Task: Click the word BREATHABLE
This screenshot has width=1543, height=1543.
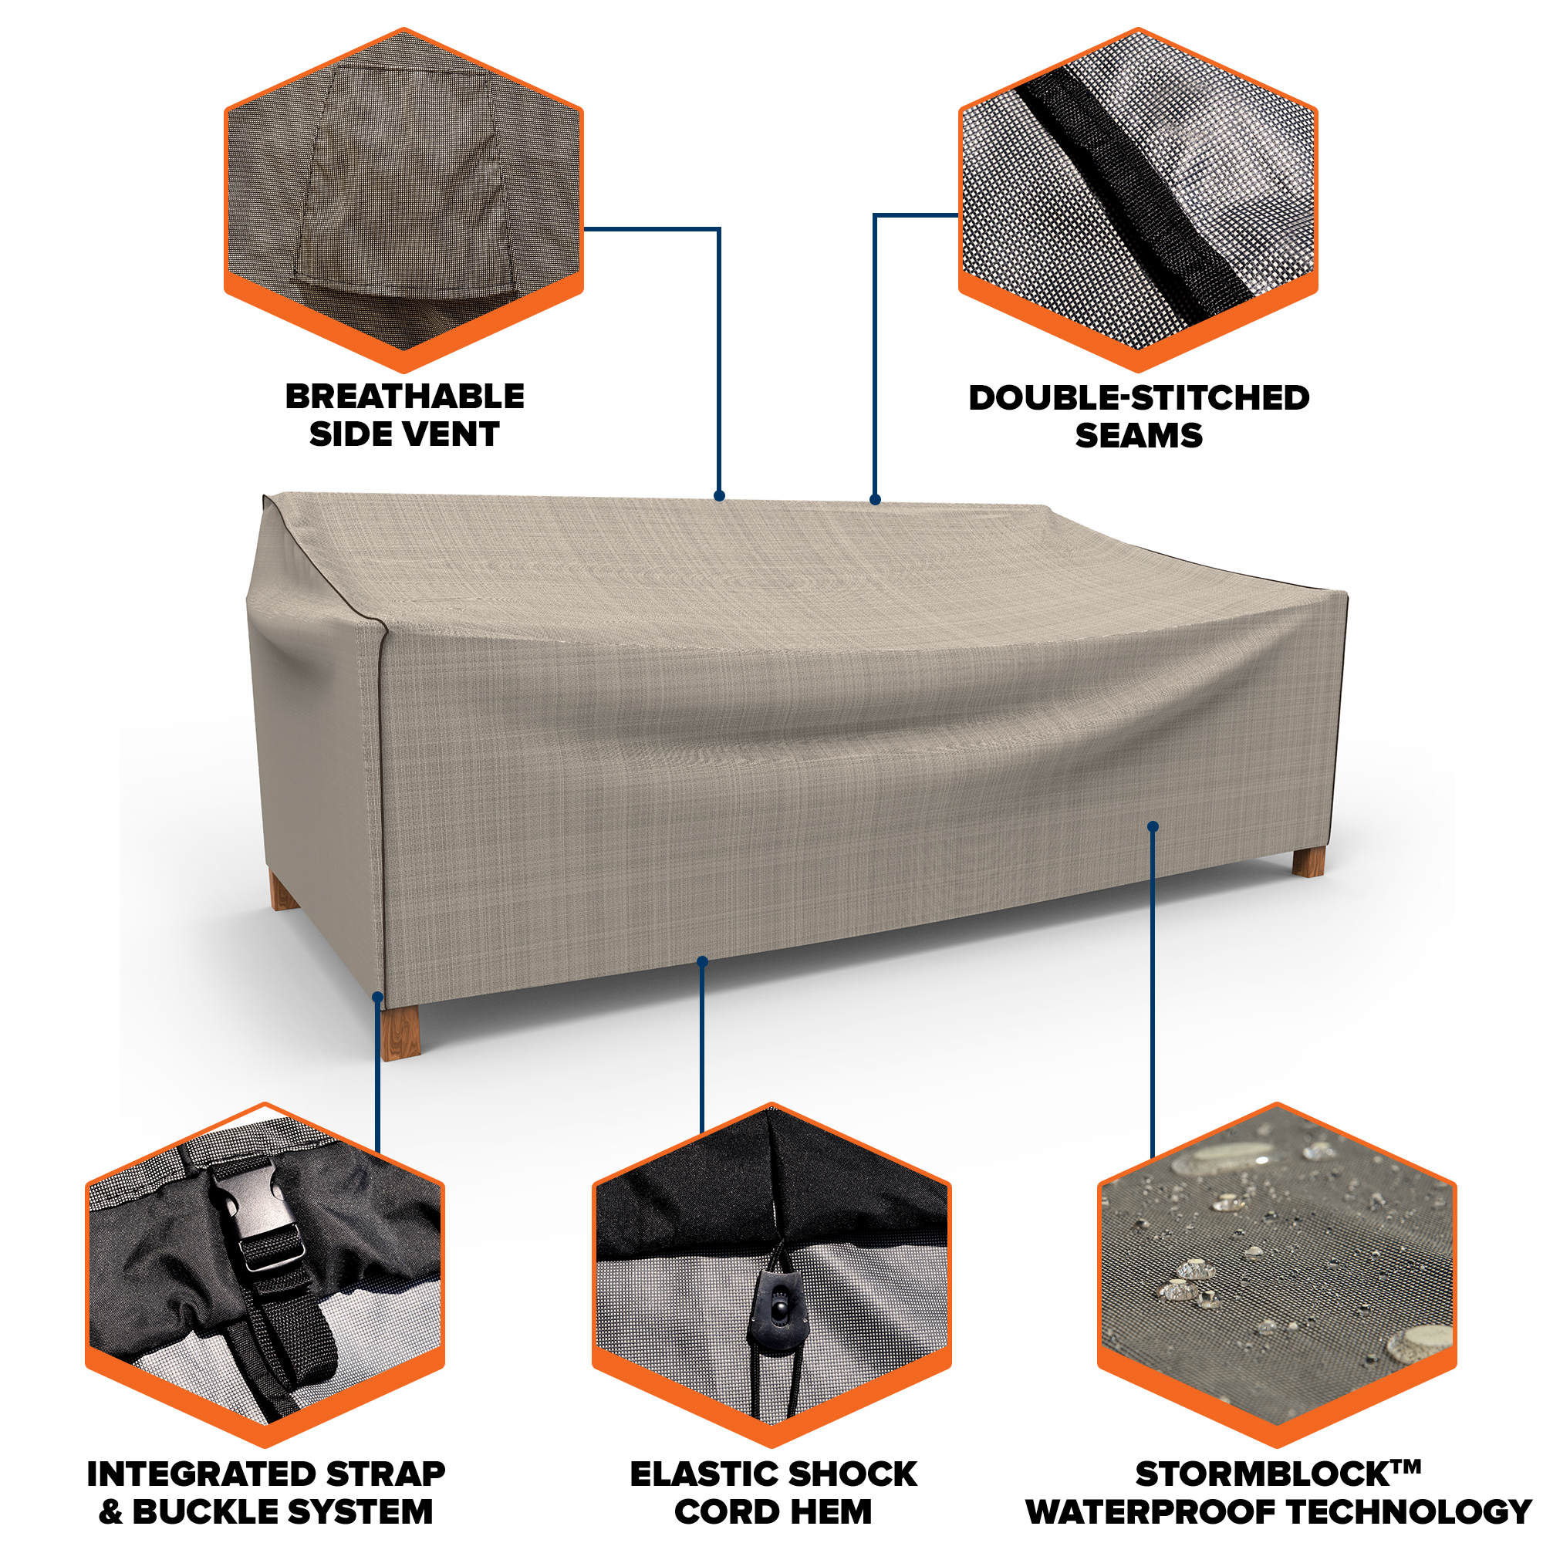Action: (405, 396)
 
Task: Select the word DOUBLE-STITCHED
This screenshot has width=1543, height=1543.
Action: (1139, 398)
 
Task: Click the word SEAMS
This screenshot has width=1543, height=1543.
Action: (1139, 436)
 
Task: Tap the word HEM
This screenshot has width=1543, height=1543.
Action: (832, 1512)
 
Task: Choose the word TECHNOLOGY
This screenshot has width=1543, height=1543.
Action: (1410, 1512)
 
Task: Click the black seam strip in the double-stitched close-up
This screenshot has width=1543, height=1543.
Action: (1134, 191)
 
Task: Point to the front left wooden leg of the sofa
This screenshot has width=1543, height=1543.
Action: (400, 1031)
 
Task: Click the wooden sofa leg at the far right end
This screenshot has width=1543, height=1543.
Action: (1308, 863)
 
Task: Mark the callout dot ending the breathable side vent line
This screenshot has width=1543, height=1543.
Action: (719, 496)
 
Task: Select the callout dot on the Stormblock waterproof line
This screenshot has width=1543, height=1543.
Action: (1153, 826)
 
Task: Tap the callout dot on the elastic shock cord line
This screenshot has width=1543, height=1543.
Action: (702, 961)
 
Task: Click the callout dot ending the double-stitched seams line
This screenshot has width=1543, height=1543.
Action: (876, 499)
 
